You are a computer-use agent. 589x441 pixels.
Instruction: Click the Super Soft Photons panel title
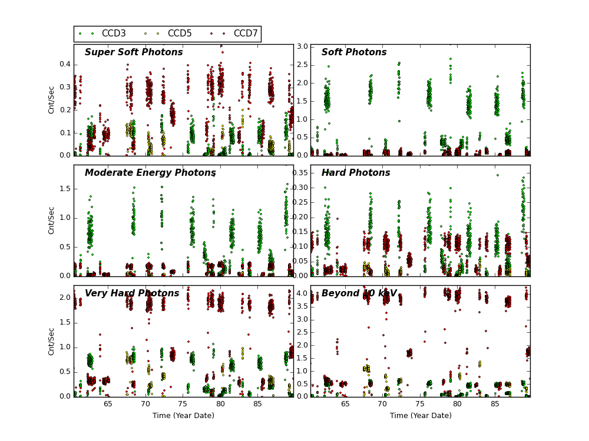[x=134, y=52]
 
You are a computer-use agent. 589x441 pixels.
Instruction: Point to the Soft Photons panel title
[x=354, y=52]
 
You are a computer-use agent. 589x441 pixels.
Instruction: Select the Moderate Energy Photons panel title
[x=150, y=173]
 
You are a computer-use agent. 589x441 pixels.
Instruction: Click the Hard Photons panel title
[x=356, y=173]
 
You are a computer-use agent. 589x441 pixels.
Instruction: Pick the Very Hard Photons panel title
[x=132, y=293]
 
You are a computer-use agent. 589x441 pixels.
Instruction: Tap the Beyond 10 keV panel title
[x=359, y=293]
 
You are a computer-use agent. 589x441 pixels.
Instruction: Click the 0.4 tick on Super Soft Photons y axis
[x=64, y=65]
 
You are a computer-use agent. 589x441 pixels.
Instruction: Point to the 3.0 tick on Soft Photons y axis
[x=301, y=46]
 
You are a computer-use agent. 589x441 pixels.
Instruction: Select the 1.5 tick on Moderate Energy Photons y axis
[x=64, y=189]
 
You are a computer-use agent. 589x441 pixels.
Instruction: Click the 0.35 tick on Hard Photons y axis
[x=299, y=173]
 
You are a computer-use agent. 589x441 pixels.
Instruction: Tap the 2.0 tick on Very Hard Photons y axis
[x=64, y=298]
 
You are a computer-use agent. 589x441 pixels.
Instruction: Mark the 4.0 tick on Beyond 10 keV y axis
[x=301, y=293]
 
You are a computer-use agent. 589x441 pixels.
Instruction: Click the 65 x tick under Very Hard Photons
[x=108, y=404]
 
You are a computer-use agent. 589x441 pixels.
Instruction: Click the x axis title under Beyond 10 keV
[x=421, y=416]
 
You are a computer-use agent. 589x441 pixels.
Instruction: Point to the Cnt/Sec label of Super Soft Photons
[x=52, y=100]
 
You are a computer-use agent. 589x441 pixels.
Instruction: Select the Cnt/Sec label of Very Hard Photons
[x=52, y=341]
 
